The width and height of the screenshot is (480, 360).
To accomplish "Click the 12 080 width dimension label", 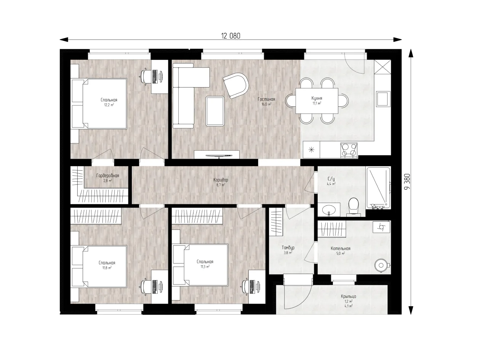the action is tap(231, 36).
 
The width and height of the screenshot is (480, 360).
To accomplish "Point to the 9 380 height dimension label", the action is tap(407, 182).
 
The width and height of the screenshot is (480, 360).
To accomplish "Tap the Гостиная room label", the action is tap(266, 99).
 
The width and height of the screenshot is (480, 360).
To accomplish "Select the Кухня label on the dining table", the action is tap(317, 98).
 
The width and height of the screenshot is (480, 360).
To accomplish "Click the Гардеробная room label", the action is tap(107, 176).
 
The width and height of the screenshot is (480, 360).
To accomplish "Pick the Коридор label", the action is tap(221, 180).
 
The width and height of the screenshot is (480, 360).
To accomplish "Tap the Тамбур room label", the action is tap(288, 248).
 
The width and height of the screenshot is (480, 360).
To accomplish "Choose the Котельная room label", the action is tap(341, 248).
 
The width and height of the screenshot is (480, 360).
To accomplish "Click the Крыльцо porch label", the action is tap(349, 297).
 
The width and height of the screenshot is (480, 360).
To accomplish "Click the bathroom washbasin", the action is tap(329, 210).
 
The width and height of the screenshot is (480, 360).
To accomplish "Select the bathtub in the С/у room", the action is tap(378, 188).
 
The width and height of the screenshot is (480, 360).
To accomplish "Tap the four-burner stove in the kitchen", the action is tap(349, 150).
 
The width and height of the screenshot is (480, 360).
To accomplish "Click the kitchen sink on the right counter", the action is tap(383, 99).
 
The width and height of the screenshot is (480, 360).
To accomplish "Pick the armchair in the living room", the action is tap(236, 85).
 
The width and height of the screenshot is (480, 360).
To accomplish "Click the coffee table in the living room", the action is tap(215, 111).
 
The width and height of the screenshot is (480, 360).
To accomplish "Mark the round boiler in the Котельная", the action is tap(381, 266).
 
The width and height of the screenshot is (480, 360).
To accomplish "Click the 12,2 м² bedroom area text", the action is tap(109, 105).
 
